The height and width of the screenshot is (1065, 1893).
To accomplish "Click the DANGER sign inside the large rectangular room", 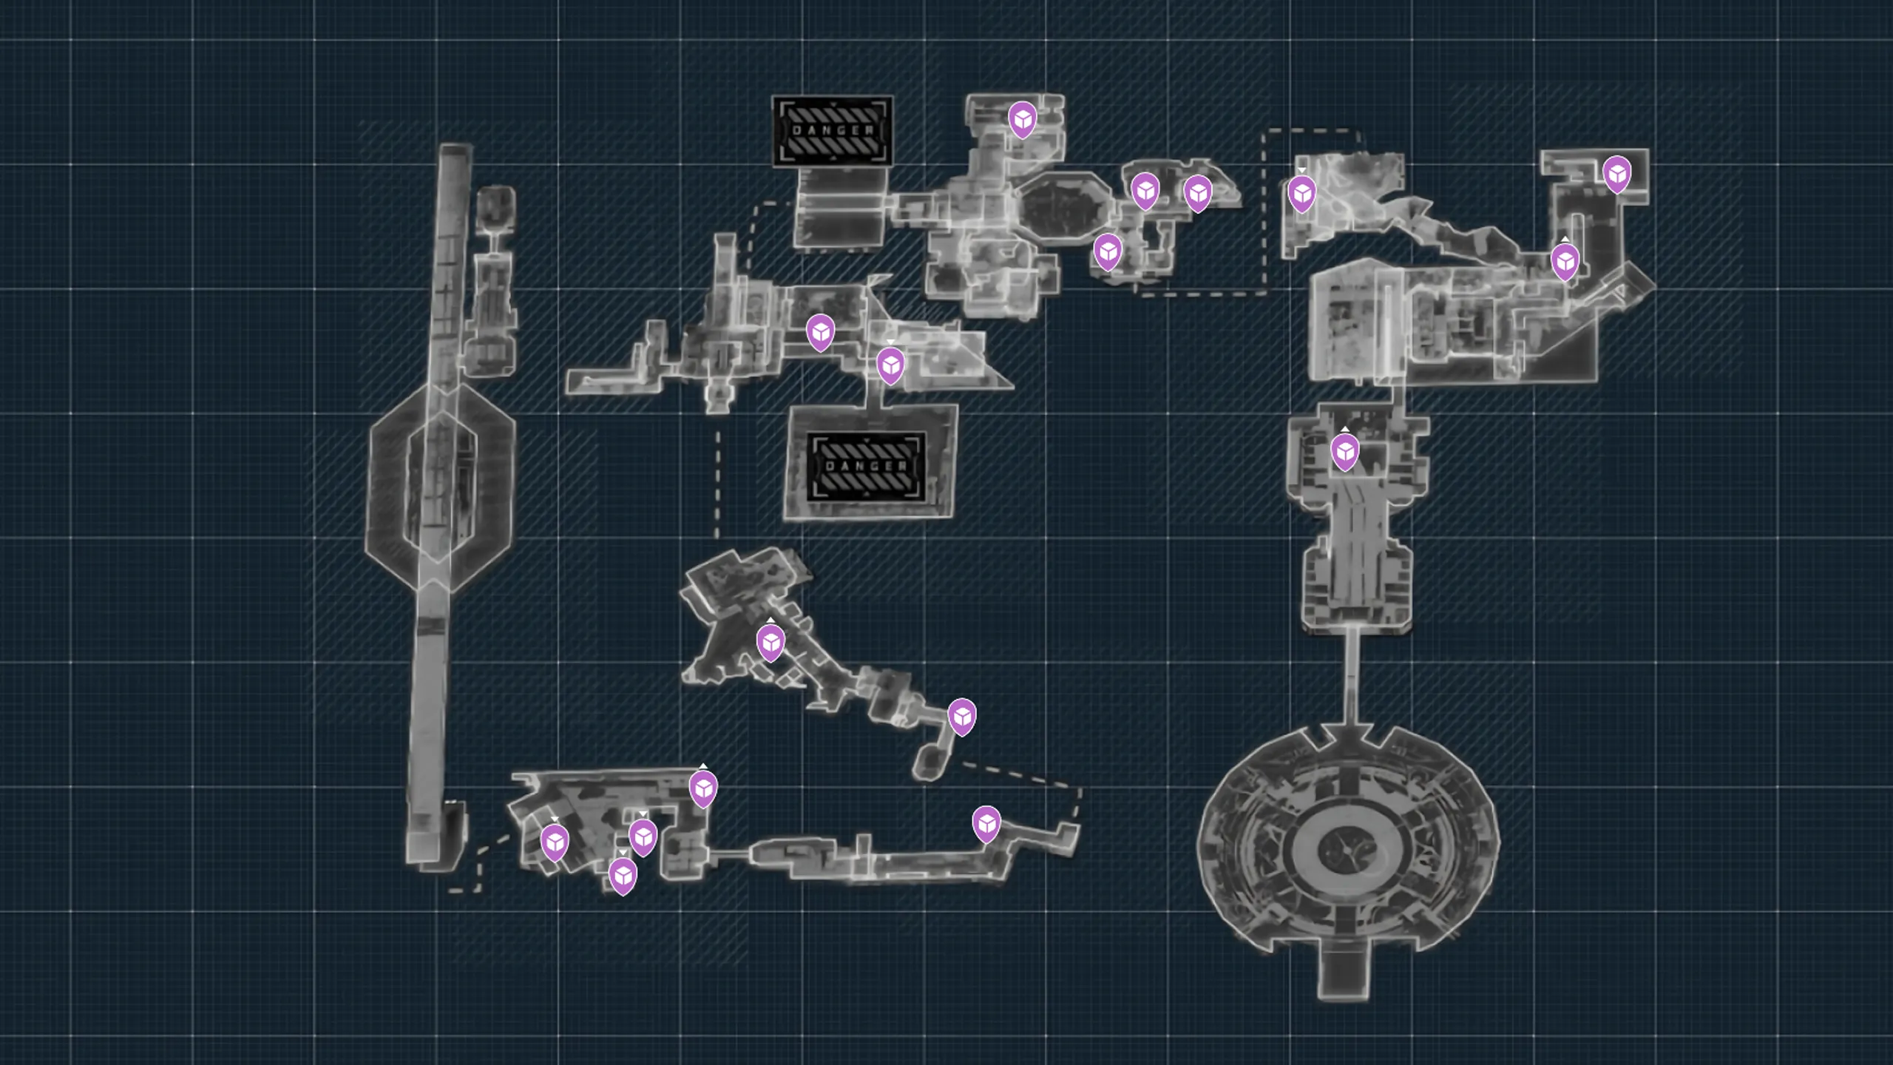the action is point(866,466).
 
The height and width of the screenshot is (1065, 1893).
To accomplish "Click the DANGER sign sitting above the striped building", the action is point(833,131).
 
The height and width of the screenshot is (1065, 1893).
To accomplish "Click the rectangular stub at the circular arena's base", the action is point(1343,973).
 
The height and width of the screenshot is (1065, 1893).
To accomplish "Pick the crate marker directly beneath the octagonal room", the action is point(1108,251).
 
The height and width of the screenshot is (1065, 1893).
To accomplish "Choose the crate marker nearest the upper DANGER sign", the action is point(1023,119).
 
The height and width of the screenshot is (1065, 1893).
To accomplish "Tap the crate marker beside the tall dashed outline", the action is point(1302,194).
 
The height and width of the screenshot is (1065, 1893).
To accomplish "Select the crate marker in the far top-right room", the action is point(1617,174).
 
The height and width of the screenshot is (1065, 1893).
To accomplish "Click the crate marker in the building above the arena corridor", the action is point(1345,451).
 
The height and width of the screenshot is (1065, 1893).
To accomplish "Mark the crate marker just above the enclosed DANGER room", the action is point(891,365).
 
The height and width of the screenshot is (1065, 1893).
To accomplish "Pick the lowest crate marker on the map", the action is point(623,876).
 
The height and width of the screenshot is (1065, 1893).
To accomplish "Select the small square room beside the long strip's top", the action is point(495,206).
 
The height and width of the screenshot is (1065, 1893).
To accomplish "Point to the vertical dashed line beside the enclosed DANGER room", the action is point(717,484).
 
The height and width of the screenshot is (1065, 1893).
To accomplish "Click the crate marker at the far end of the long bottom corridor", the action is point(986,824).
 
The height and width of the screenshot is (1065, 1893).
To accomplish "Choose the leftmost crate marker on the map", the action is point(555,842).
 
